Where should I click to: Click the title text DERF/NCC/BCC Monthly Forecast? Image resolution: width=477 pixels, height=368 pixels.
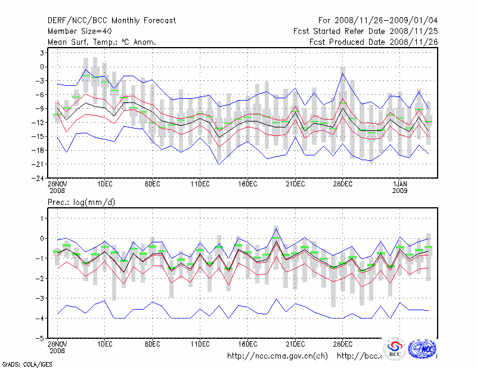(111, 21)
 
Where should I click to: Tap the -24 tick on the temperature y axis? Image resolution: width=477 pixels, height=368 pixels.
(38, 177)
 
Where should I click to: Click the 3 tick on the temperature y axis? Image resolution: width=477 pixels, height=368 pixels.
(42, 53)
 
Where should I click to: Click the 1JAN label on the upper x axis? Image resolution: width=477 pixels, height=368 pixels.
(400, 185)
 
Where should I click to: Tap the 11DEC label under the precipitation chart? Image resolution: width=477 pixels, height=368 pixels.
(200, 344)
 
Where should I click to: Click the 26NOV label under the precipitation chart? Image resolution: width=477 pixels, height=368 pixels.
(57, 344)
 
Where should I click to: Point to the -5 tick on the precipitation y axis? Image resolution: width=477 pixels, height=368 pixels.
(40, 338)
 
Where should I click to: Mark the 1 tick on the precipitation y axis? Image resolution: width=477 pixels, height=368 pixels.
(42, 219)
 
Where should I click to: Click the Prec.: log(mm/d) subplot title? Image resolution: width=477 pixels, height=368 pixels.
(81, 202)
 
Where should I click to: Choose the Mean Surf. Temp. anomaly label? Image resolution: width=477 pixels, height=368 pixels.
(102, 42)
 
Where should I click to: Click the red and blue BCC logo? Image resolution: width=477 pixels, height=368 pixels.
(395, 349)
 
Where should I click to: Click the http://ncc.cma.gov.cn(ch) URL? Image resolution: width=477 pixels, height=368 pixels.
(277, 356)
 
